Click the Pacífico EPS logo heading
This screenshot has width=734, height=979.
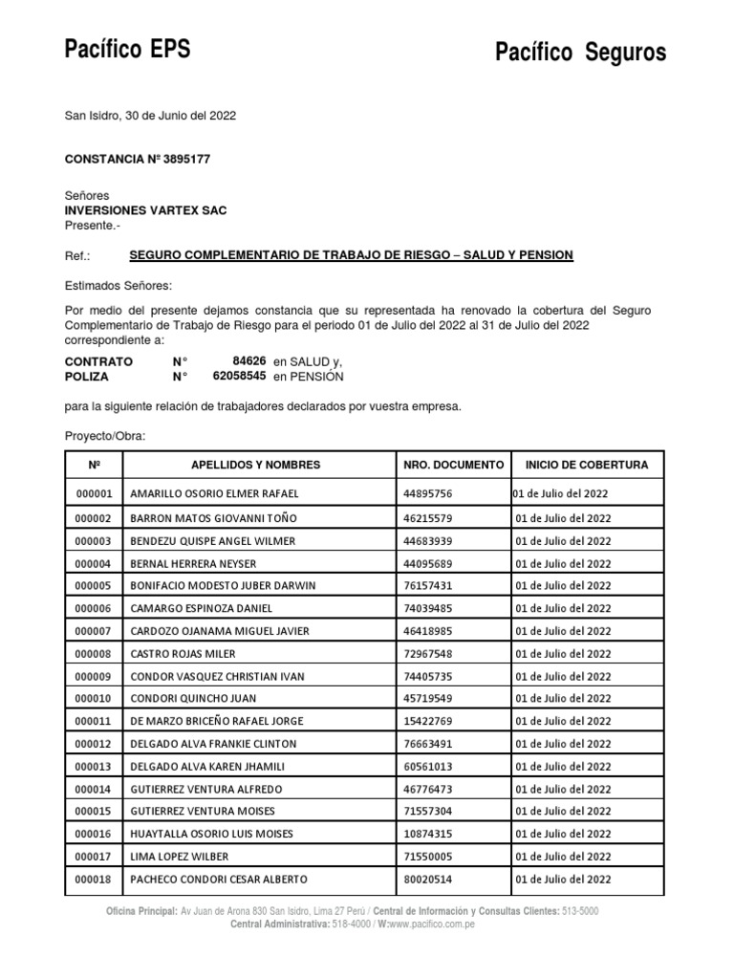[x=126, y=49]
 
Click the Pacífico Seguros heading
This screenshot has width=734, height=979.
[x=580, y=53]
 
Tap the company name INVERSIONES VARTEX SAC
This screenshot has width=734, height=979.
[x=145, y=210]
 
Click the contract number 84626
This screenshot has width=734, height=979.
[x=248, y=360]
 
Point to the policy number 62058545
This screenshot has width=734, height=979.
[x=239, y=377]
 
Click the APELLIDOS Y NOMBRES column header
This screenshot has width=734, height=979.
[x=255, y=465]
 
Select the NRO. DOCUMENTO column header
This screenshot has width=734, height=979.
[x=453, y=465]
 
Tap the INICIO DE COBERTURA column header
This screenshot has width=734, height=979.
[x=587, y=465]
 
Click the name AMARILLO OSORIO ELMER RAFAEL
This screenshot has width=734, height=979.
[x=214, y=494]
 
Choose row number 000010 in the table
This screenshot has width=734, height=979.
[x=94, y=699]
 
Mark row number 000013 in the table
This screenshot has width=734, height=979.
[x=94, y=767]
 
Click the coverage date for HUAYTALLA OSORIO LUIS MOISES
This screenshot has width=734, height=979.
[x=563, y=835]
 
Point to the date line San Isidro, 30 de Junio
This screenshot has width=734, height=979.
[x=149, y=116]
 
